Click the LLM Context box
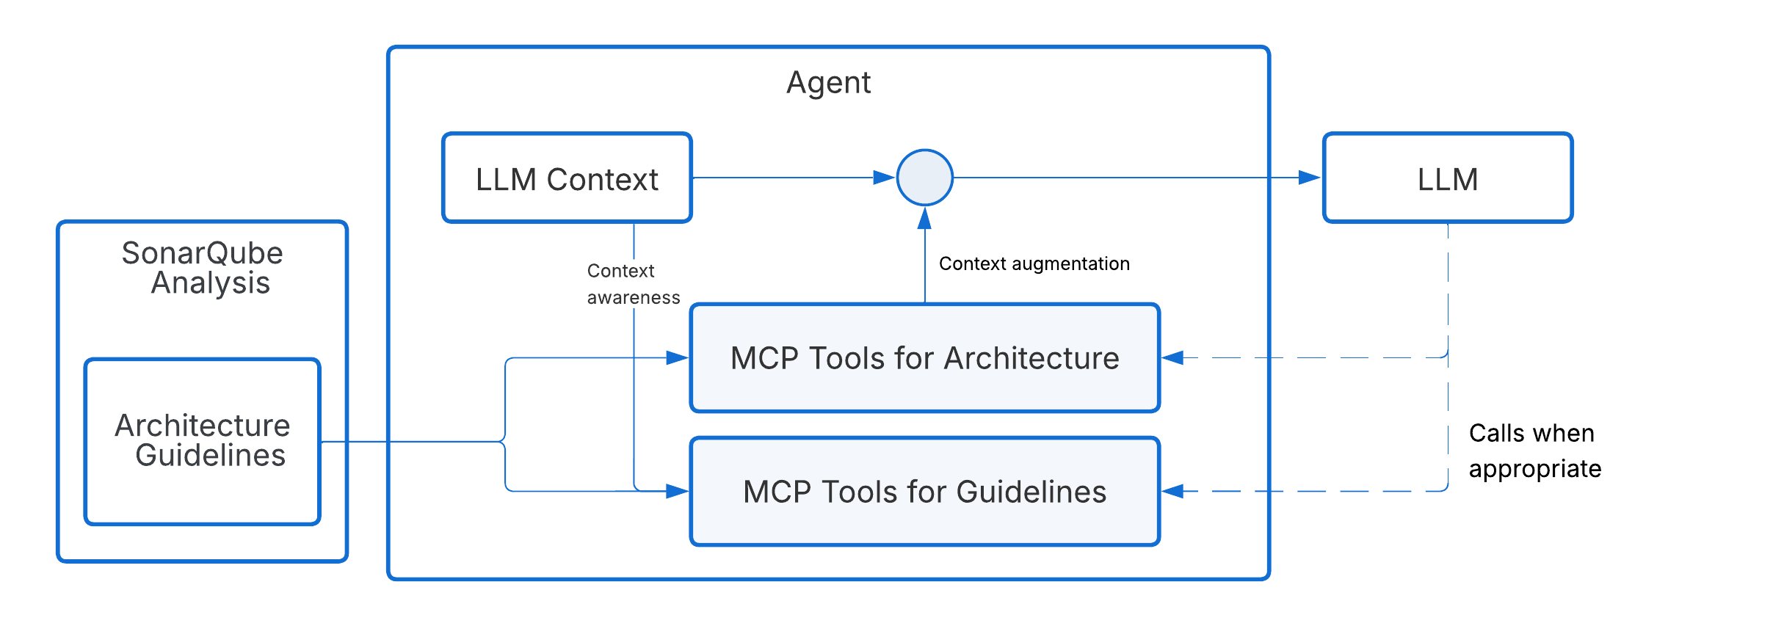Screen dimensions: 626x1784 (567, 178)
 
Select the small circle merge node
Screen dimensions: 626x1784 (924, 178)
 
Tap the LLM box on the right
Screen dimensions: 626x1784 (1447, 178)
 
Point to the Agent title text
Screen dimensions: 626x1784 (828, 82)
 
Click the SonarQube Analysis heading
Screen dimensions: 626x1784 (203, 268)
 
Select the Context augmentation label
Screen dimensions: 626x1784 (1034, 263)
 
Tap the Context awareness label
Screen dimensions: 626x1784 (633, 284)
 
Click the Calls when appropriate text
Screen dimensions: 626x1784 (1534, 451)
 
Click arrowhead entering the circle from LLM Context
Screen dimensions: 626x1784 (884, 178)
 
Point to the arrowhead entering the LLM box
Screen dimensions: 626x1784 (1309, 178)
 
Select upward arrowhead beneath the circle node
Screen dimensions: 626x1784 (924, 218)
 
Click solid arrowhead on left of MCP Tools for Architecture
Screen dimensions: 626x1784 (677, 357)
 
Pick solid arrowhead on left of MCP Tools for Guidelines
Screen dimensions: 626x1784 (677, 491)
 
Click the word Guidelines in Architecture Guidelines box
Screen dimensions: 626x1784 (210, 456)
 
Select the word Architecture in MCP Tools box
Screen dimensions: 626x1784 (1031, 358)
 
